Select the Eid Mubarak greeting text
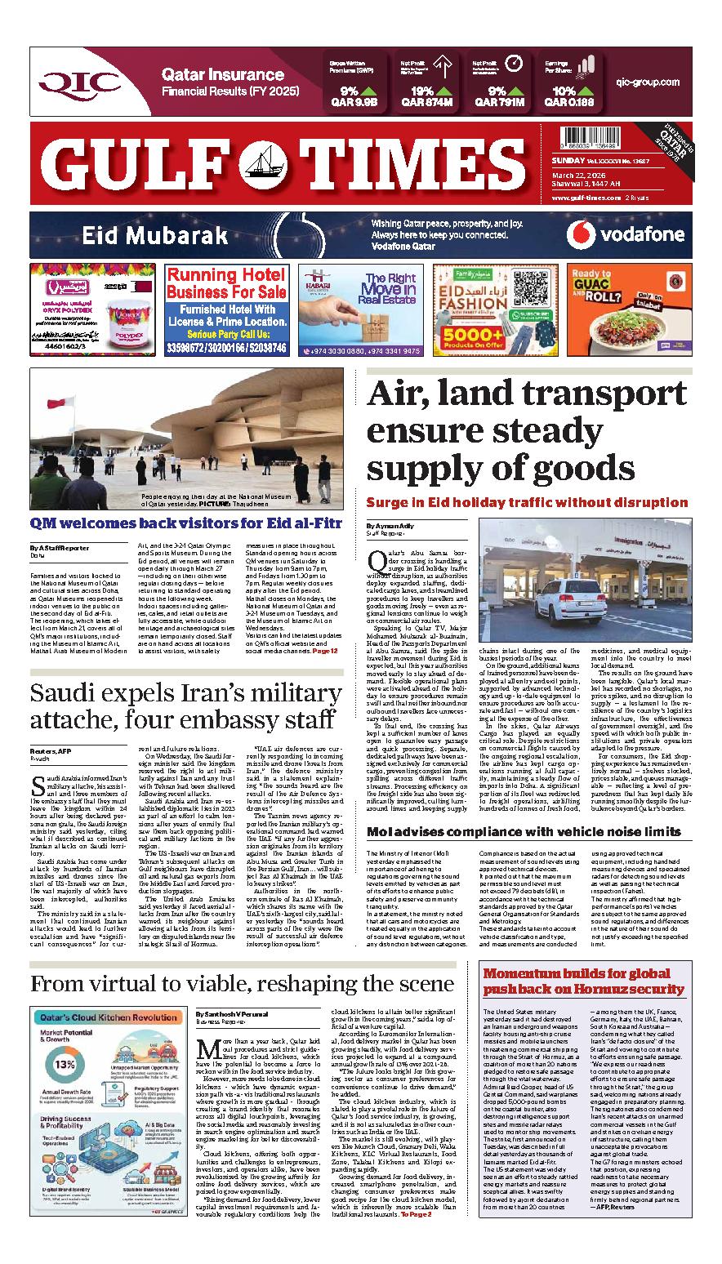point(154,236)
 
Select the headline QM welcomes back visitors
point(186,523)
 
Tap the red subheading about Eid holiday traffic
point(527,502)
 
